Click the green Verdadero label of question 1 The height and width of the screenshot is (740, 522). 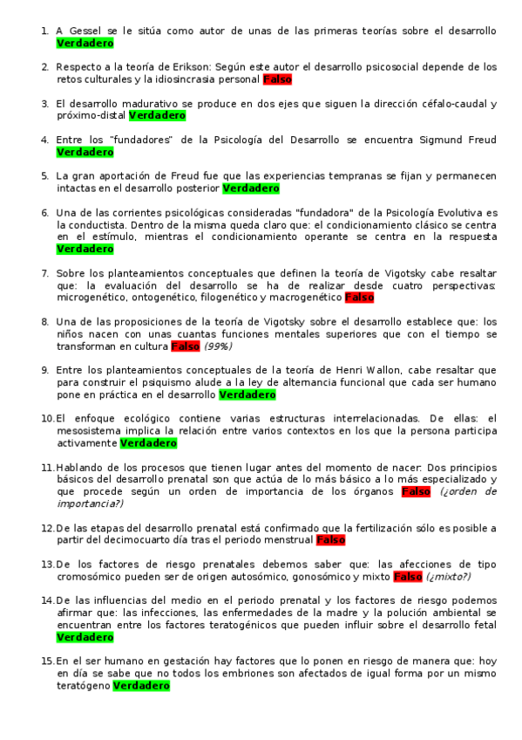85,42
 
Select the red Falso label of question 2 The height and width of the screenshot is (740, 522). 277,79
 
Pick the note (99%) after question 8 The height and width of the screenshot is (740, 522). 219,346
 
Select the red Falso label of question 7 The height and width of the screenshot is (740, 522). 359,298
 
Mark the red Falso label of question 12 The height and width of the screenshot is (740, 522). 330,540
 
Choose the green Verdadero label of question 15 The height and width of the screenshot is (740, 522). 141,686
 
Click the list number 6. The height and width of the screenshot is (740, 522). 44,213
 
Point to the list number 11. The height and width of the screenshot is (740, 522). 48,468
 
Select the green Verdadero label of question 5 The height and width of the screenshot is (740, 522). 251,188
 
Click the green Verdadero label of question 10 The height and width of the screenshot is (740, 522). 148,443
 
